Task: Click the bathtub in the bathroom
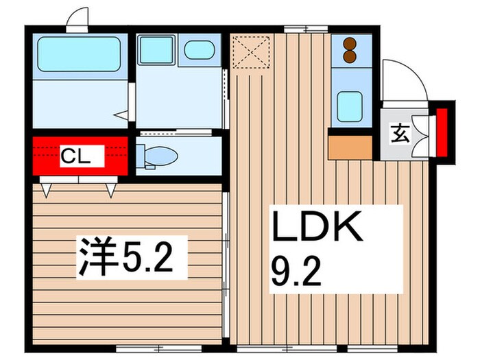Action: click(x=79, y=55)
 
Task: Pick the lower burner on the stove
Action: click(x=351, y=56)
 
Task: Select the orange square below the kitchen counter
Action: click(x=350, y=147)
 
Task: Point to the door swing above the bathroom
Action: click(x=77, y=19)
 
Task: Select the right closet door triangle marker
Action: click(x=110, y=188)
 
